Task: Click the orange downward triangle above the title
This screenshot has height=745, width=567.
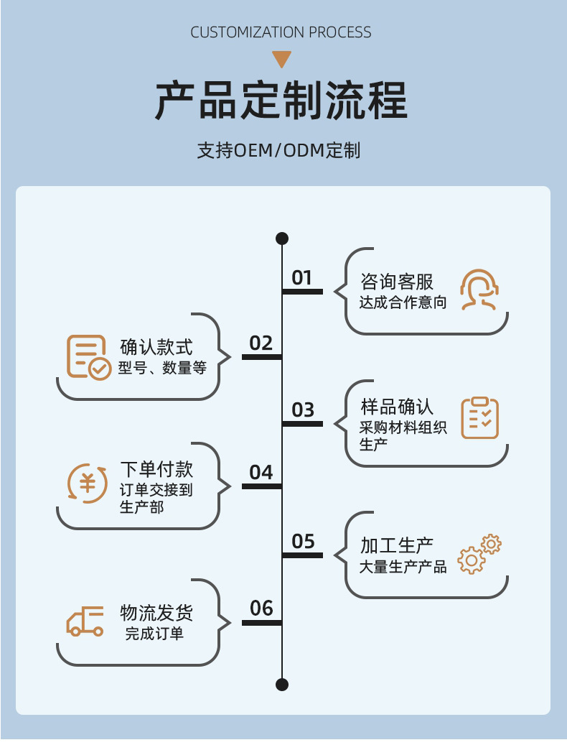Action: click(x=281, y=59)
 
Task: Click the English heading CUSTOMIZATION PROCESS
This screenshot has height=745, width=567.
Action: click(x=281, y=32)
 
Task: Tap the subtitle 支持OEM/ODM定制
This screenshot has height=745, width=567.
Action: click(x=278, y=151)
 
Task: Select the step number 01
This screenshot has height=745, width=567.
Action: click(x=302, y=277)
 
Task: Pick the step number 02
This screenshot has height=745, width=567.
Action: click(x=261, y=343)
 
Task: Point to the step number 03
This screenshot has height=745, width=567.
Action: click(x=303, y=409)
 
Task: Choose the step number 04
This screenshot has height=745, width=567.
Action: click(x=261, y=472)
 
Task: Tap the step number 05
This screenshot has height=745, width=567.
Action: click(x=303, y=541)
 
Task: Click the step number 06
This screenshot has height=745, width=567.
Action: click(x=261, y=609)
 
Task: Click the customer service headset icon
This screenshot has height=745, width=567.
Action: click(x=479, y=290)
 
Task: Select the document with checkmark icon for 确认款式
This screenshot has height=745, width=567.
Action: click(x=88, y=357)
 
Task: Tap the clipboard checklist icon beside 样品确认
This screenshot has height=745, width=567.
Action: click(x=479, y=417)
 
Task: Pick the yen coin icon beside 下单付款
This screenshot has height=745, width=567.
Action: click(x=87, y=483)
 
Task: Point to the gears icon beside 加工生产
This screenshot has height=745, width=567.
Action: click(x=479, y=554)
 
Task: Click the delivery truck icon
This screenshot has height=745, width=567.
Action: click(x=85, y=621)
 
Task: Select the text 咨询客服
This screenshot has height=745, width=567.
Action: click(x=397, y=281)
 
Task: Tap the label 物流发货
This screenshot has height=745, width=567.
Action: click(x=156, y=613)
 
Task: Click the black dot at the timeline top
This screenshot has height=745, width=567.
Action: click(x=282, y=239)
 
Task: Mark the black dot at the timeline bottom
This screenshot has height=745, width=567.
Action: click(x=282, y=684)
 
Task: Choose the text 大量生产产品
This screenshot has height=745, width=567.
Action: click(x=403, y=567)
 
